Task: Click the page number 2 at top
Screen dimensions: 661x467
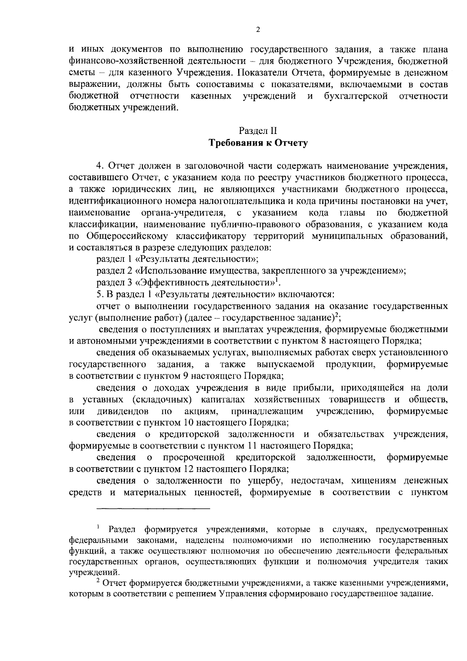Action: tap(258, 31)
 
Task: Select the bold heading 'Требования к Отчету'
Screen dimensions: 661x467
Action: tap(258, 143)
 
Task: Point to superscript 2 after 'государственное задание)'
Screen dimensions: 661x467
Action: tap(338, 315)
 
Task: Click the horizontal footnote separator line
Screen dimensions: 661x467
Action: tap(153, 508)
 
